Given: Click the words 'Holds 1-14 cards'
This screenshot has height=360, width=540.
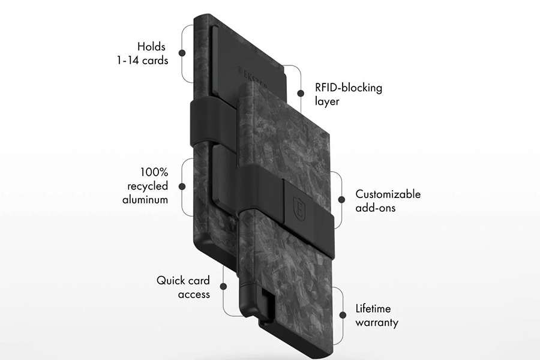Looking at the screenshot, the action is point(143,53).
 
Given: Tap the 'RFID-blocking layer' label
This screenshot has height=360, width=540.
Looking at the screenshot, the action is point(349,94).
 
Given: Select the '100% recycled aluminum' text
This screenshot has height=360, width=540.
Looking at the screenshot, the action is point(145,185).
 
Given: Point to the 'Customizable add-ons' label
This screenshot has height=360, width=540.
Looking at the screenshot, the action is point(388,200).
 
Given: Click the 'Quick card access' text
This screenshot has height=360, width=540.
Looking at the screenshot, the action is point(183,287).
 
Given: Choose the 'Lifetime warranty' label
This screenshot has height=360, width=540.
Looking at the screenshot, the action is point(377,315).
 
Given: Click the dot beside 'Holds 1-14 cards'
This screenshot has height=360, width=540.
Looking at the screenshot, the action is point(182,53).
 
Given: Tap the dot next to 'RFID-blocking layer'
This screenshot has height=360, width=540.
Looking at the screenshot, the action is point(301,93).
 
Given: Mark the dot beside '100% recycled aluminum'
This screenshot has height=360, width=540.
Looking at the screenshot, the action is point(182,187).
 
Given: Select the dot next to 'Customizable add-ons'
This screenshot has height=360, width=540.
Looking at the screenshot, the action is point(341,199).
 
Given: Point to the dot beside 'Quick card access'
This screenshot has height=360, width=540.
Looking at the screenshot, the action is point(224,286).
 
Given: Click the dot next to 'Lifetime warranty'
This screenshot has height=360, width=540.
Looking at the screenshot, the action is point(343,315).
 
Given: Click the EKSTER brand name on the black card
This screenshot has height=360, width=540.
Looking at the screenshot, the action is point(253,77).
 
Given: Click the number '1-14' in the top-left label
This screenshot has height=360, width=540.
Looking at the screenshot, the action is point(128,61).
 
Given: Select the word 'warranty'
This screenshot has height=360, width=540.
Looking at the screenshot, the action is point(377,323).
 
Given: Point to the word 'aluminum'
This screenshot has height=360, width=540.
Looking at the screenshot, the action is point(145,200).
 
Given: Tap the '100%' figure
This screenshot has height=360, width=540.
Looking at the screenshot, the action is point(154,172).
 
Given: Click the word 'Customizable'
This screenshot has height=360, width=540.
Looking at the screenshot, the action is point(388,194).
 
